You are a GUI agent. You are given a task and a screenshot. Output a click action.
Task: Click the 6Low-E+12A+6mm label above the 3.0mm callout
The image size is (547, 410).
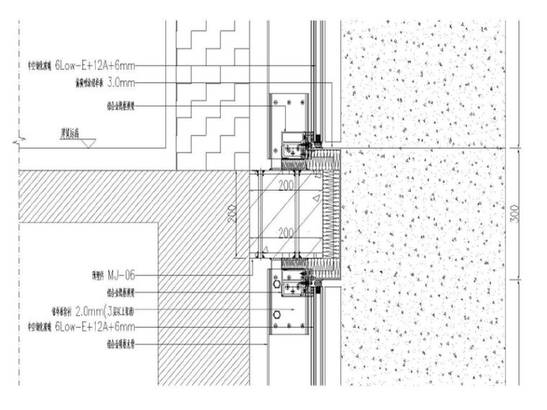tap(94, 64)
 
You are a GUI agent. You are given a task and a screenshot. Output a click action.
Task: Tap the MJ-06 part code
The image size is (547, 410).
tap(121, 275)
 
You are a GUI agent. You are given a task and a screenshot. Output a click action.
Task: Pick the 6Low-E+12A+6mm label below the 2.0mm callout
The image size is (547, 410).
tap(94, 327)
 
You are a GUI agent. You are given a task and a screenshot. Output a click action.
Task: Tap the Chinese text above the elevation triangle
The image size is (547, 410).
tap(70, 132)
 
